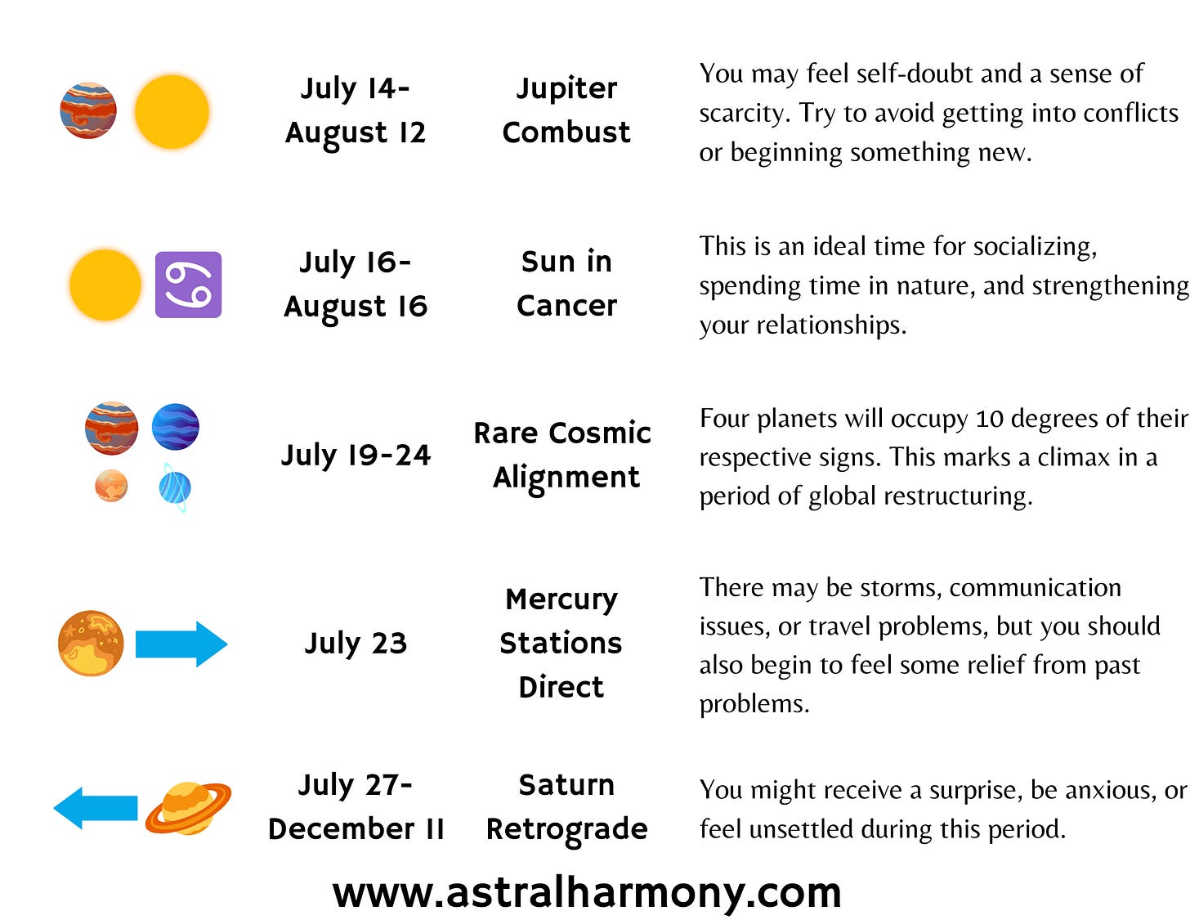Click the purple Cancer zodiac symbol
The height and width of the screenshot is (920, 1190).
point(188,285)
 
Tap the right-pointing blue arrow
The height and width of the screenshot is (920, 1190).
point(181,644)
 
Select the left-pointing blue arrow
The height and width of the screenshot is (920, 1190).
point(96,808)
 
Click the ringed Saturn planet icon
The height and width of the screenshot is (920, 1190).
point(188,808)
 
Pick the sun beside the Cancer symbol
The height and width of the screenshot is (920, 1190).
point(105,285)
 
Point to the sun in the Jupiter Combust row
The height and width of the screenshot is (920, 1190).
point(172,112)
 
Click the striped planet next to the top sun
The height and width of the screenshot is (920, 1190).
point(88,110)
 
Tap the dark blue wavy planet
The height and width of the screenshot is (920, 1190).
point(175,427)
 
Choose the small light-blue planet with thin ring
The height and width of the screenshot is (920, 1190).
point(175,487)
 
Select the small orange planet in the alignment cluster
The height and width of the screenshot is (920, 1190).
point(111,486)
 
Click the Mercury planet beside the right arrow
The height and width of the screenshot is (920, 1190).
point(91,643)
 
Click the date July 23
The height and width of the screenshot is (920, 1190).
point(356,644)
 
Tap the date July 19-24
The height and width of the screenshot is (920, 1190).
point(356,456)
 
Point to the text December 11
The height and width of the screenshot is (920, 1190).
point(356,828)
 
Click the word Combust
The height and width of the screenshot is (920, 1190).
point(566,132)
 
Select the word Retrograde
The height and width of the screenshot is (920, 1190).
point(566,829)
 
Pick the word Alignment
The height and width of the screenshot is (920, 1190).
point(566,478)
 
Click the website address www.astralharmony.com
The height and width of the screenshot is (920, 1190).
point(587,893)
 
